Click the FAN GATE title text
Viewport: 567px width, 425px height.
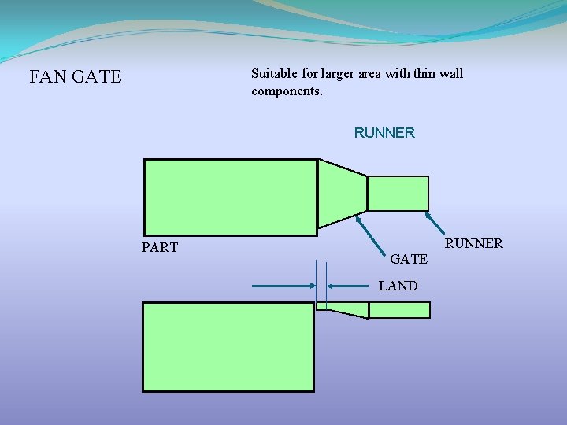76,77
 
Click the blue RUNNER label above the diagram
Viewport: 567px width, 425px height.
384,133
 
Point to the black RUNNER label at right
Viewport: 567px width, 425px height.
474,243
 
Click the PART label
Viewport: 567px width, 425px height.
160,248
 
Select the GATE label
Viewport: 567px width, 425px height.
409,258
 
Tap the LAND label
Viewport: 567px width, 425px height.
398,286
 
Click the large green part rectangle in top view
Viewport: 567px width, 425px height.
230,197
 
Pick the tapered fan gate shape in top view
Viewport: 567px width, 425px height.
343,194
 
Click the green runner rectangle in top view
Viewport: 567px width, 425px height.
398,194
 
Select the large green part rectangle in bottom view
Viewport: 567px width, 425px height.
228,346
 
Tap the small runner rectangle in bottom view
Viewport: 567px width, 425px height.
399,310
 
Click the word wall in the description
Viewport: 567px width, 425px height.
451,74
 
